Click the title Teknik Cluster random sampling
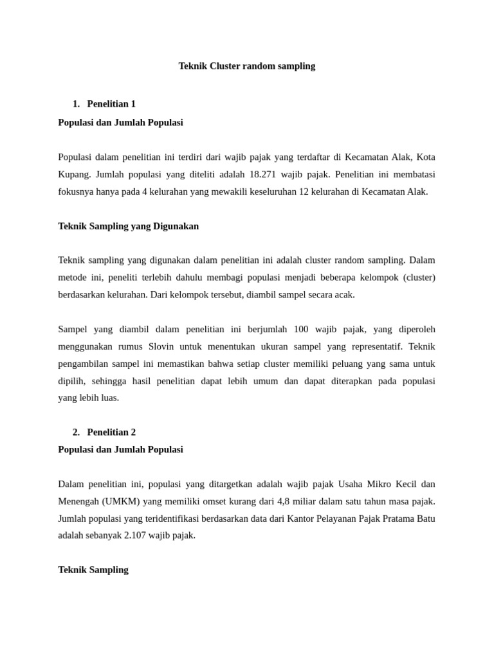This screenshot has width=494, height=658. (x=247, y=66)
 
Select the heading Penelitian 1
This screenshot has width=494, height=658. (x=111, y=104)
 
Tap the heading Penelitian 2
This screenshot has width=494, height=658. (x=111, y=432)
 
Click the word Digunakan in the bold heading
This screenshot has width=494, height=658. (x=176, y=226)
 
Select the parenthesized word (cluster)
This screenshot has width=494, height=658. (x=415, y=278)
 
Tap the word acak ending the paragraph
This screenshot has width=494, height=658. (x=344, y=295)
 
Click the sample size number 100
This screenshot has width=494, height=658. (x=301, y=330)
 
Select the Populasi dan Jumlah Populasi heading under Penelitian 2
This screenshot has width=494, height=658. (x=120, y=450)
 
